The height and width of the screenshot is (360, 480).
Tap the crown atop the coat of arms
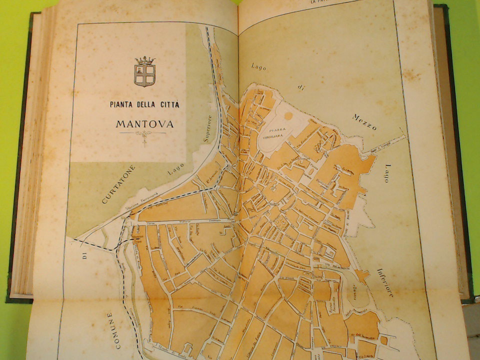pyautogui.click(x=144, y=60)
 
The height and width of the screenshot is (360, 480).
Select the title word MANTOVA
pyautogui.click(x=144, y=123)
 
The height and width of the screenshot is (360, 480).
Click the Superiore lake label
pyautogui.click(x=207, y=129)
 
